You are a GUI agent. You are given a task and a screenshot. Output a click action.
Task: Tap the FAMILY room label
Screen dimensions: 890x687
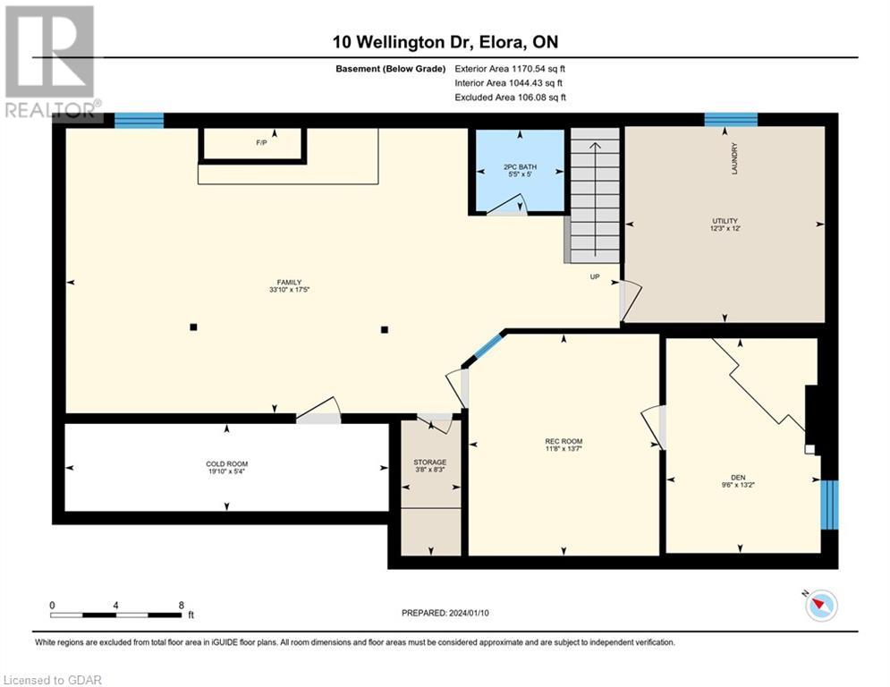(x=289, y=282)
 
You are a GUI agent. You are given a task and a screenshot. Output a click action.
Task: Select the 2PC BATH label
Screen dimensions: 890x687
(x=520, y=167)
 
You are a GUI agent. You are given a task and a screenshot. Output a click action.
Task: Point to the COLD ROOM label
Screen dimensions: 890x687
(x=227, y=464)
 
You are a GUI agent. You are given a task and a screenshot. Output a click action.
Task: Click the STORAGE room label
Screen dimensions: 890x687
(x=429, y=462)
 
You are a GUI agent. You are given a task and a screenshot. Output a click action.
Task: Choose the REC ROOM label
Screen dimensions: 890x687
(x=564, y=441)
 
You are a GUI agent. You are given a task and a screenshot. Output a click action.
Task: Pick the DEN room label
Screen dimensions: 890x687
(x=738, y=478)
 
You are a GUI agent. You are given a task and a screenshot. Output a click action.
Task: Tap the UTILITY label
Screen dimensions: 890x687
(x=725, y=221)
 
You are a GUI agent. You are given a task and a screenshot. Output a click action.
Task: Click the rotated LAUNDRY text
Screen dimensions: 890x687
(x=734, y=158)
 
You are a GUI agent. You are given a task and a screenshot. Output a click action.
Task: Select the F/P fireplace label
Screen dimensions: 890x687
(x=261, y=142)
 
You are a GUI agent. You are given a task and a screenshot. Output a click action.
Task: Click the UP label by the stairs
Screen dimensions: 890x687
(x=595, y=276)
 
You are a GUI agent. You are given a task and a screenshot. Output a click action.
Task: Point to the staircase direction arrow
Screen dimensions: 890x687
(x=595, y=199)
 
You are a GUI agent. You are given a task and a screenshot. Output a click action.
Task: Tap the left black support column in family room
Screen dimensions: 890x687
(x=193, y=327)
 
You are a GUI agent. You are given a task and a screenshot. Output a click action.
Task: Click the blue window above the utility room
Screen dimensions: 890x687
(x=731, y=119)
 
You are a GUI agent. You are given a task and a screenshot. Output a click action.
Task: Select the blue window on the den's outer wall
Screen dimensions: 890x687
(x=829, y=505)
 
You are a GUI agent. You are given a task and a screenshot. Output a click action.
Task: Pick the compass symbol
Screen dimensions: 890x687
(x=821, y=606)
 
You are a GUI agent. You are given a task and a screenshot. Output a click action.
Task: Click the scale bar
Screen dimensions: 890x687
(x=115, y=615)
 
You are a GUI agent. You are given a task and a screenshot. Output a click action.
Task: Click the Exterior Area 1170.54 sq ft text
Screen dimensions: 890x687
(x=510, y=69)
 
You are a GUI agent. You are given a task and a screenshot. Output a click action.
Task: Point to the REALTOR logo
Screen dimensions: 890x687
(x=51, y=61)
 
